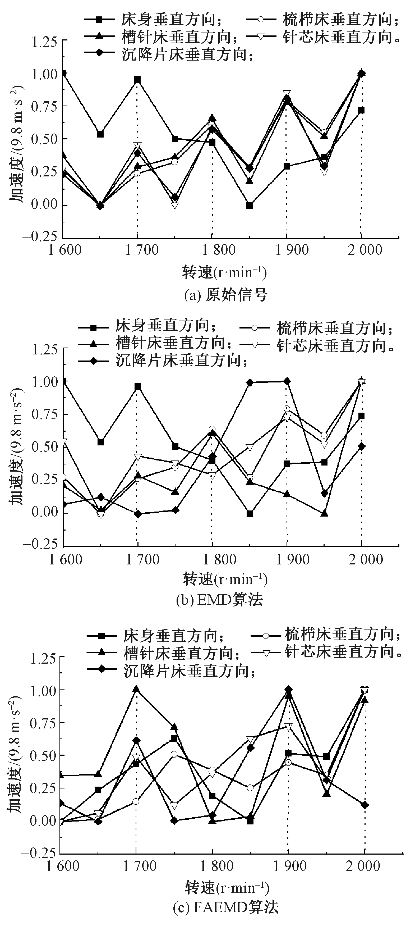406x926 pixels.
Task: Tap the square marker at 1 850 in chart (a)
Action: tap(249, 205)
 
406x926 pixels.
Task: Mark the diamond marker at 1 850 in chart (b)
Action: tap(250, 382)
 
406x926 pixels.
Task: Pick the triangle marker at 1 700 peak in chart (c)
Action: tap(136, 689)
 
